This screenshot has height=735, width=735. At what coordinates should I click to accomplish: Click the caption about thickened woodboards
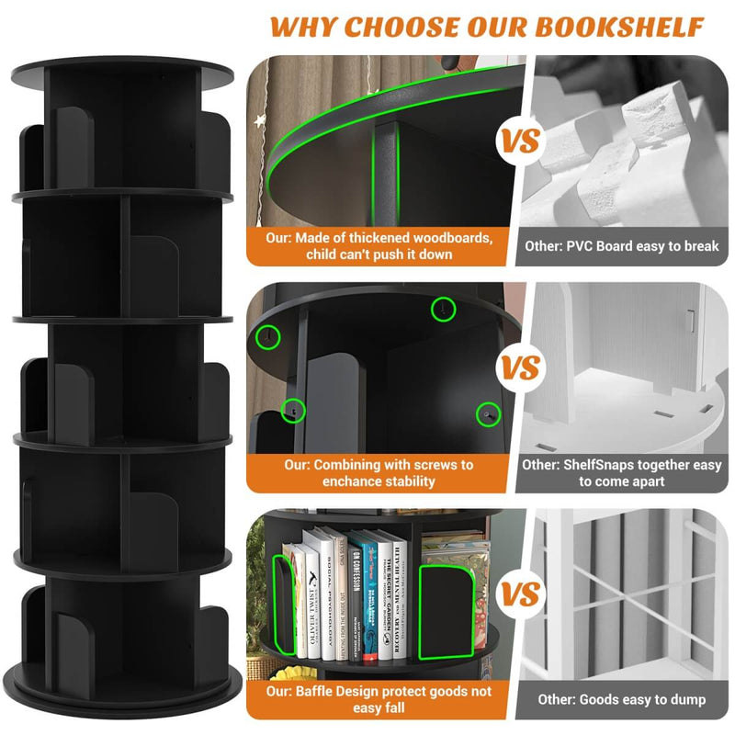pyautogui.click(x=379, y=245)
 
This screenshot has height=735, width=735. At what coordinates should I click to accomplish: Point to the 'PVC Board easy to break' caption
pyautogui.click(x=621, y=246)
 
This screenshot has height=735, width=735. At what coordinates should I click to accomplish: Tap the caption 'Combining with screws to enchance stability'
pyautogui.click(x=379, y=472)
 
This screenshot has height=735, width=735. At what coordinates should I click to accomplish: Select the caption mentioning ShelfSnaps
pyautogui.click(x=621, y=472)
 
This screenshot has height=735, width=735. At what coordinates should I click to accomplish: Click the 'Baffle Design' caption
pyautogui.click(x=379, y=699)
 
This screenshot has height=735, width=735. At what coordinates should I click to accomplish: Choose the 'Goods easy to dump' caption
pyautogui.click(x=621, y=699)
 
